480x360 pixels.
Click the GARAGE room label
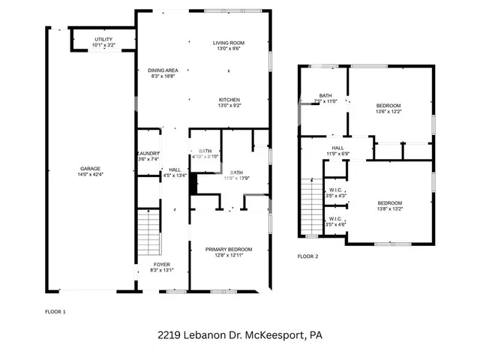(90, 169)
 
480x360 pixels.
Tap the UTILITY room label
(104, 39)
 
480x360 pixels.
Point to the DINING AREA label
(162, 70)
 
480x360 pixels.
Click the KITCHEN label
(229, 100)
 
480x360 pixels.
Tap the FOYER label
(162, 265)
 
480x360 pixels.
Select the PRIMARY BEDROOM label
(229, 249)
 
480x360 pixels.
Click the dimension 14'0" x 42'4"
(90, 175)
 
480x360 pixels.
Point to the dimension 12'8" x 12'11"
(229, 256)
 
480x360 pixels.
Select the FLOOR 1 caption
(56, 310)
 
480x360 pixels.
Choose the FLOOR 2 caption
(307, 256)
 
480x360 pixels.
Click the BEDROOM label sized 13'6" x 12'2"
(388, 105)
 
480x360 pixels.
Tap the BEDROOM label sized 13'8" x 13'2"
(389, 203)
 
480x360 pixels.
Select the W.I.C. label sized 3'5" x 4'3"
(335, 190)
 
